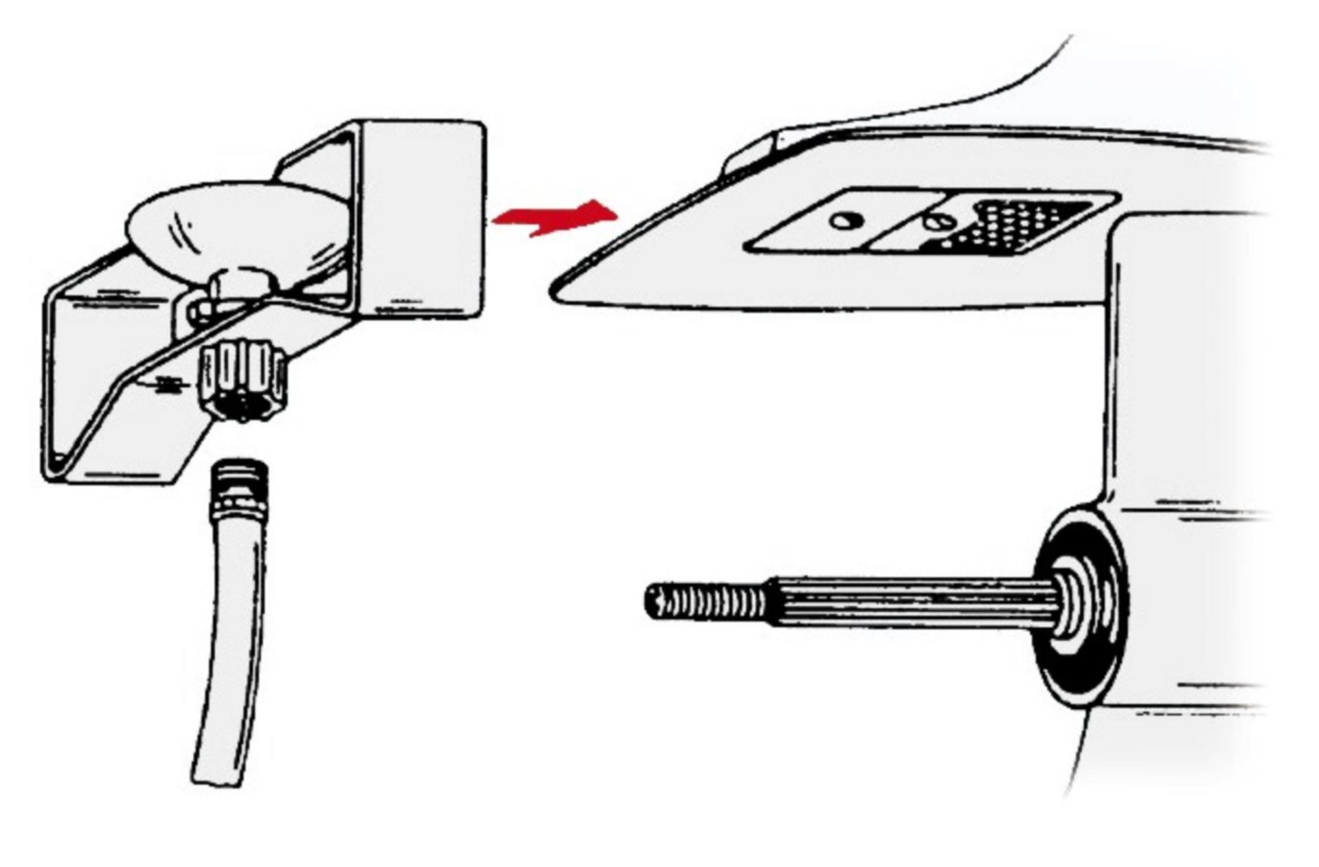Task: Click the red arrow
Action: pyautogui.click(x=556, y=217)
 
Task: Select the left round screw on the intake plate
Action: pyautogui.click(x=846, y=221)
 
